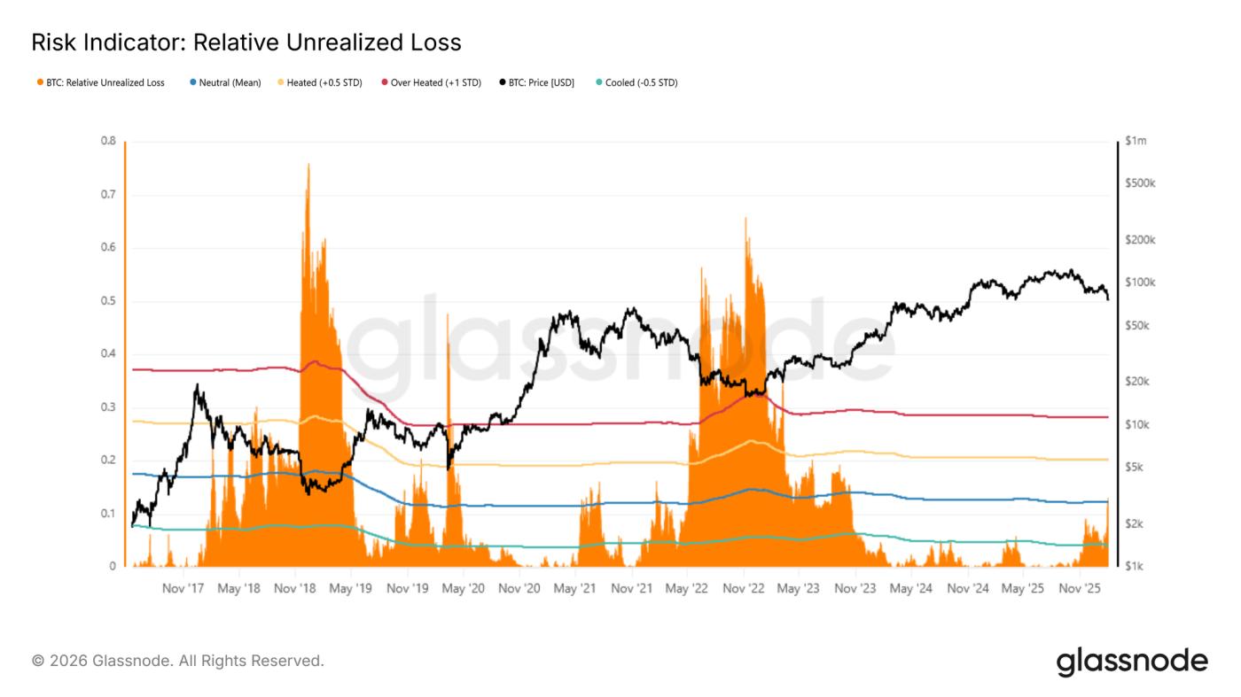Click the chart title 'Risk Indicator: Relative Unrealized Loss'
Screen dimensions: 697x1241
[246, 42]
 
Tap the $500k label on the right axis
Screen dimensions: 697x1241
[1139, 183]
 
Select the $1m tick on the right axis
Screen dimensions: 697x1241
[1136, 141]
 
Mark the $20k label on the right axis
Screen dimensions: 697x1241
[1136, 382]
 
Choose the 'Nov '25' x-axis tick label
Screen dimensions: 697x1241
[1079, 588]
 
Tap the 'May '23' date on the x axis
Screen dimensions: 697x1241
[800, 588]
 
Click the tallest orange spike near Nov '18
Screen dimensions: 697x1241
[308, 166]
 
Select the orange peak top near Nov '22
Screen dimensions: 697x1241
[745, 219]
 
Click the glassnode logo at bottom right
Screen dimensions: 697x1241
[1131, 662]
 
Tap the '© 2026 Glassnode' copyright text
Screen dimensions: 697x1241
[177, 661]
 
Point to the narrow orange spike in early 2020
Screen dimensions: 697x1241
[448, 316]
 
